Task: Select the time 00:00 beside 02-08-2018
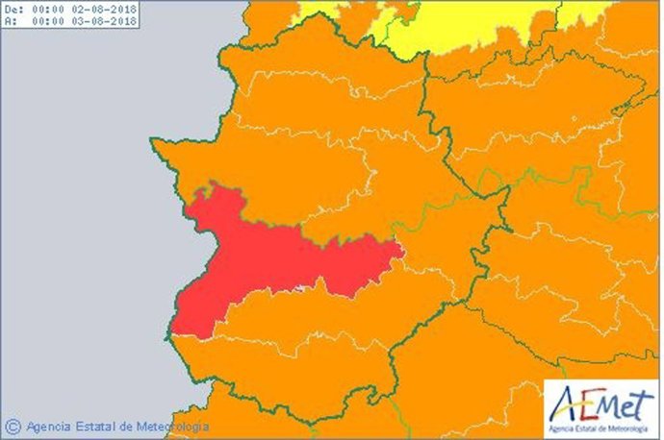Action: [x=49, y=9]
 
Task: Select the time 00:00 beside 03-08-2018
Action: [x=49, y=21]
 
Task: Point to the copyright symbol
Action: [x=13, y=426]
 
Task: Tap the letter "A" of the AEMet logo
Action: [x=564, y=404]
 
